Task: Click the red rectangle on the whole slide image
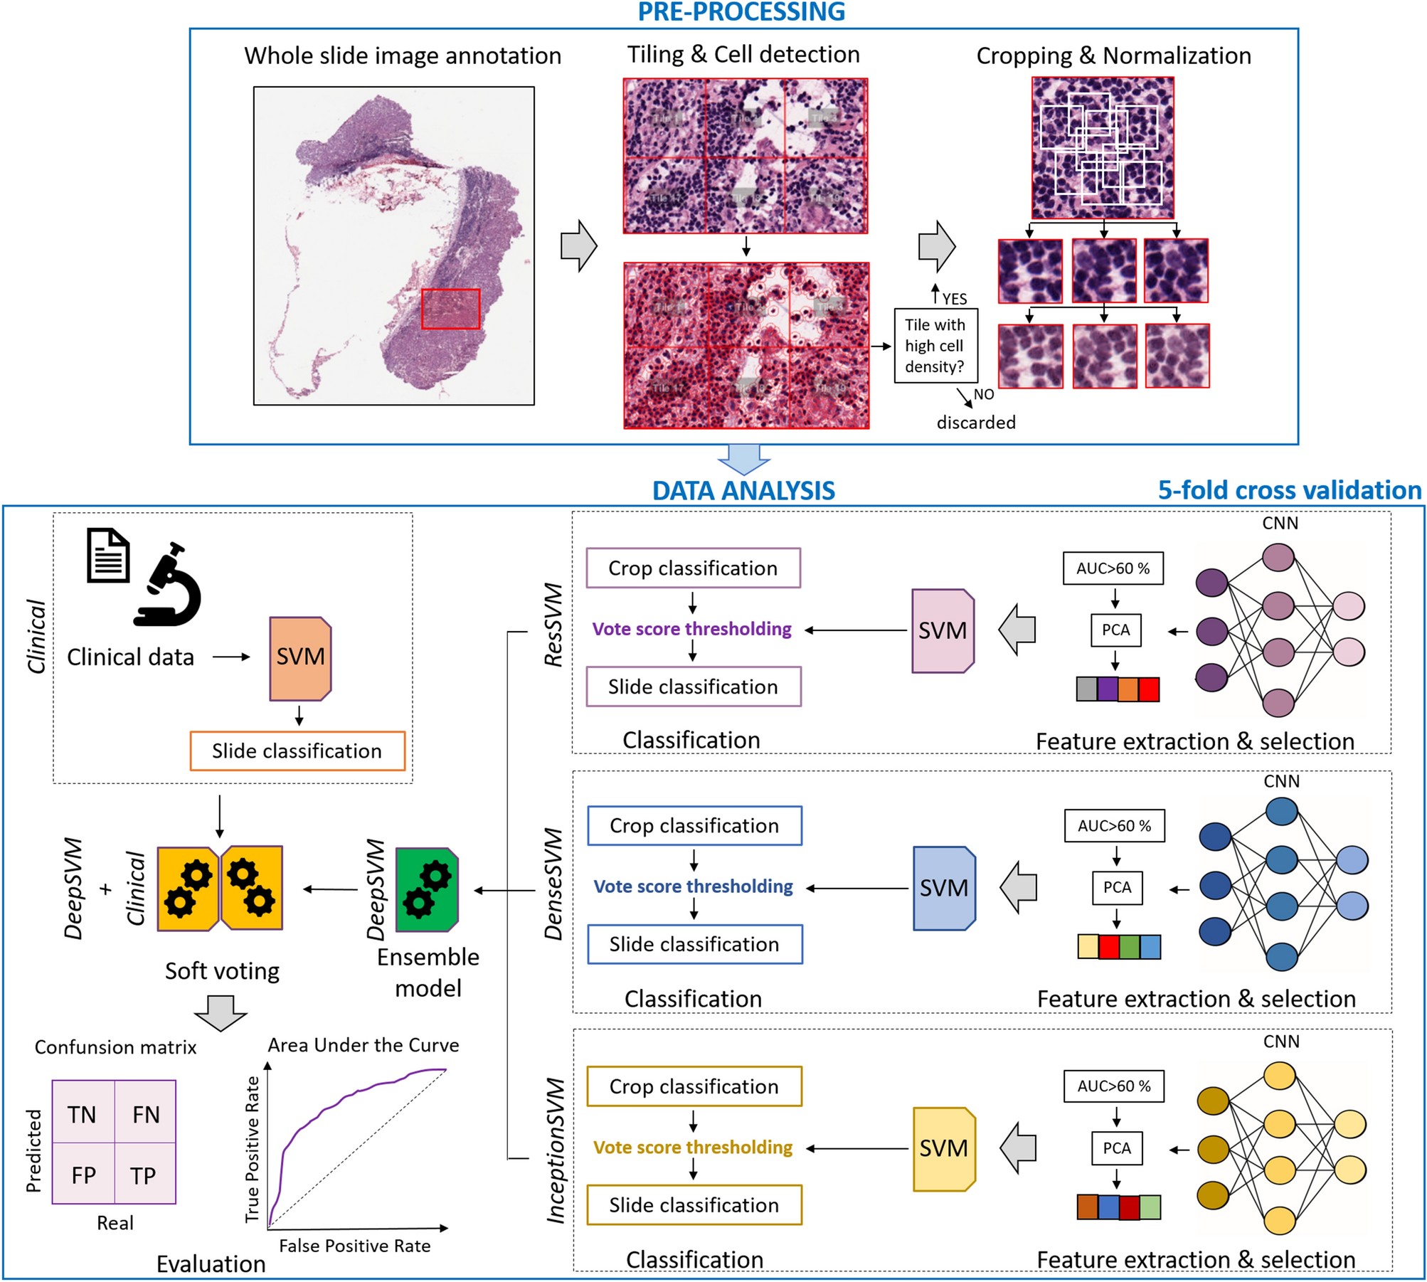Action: point(450,309)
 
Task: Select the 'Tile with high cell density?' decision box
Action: point(935,346)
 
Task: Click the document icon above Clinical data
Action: point(108,556)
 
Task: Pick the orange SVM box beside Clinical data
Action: point(300,658)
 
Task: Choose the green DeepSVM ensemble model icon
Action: point(426,889)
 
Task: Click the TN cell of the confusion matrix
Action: point(83,1115)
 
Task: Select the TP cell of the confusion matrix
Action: point(144,1176)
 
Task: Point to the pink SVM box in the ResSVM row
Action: point(943,631)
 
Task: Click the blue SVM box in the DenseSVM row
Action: point(944,889)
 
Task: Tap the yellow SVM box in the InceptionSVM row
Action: point(944,1148)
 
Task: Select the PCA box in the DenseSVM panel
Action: point(1117,888)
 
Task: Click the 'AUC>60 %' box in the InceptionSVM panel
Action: point(1113,1086)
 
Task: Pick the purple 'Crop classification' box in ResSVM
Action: point(693,568)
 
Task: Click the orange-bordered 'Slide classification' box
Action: point(297,751)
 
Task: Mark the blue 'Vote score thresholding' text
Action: point(693,886)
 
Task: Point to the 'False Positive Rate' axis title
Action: point(354,1246)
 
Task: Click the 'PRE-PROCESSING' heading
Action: point(741,12)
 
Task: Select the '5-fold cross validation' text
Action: point(1289,490)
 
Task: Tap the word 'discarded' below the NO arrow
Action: point(975,423)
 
